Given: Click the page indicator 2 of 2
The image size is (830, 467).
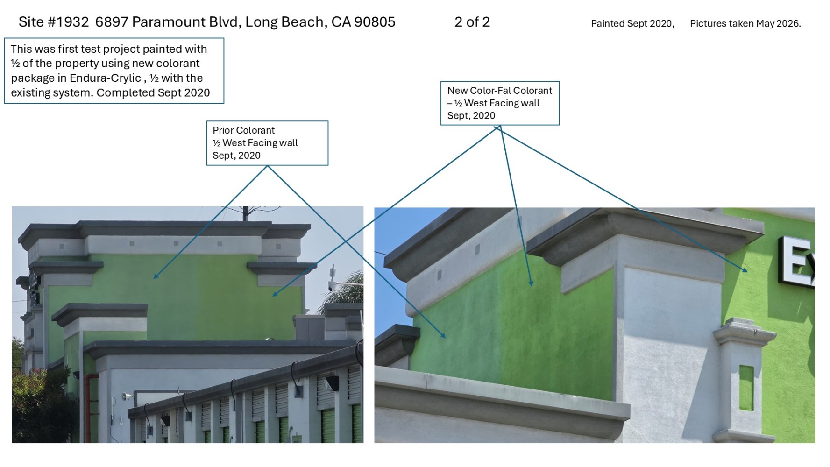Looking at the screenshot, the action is coord(472,22).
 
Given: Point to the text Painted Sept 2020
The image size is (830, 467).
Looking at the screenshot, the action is coord(632,23).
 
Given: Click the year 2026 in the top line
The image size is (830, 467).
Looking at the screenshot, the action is coord(787,23).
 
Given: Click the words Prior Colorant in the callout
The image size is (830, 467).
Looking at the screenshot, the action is coord(243,130).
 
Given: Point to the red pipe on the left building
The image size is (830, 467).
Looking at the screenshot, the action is coord(89,406).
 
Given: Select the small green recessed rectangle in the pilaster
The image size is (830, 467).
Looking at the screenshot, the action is coord(746,388).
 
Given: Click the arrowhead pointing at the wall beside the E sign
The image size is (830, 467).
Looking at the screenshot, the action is coord(745,269).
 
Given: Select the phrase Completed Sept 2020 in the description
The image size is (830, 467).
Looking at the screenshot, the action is coord(153,92).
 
